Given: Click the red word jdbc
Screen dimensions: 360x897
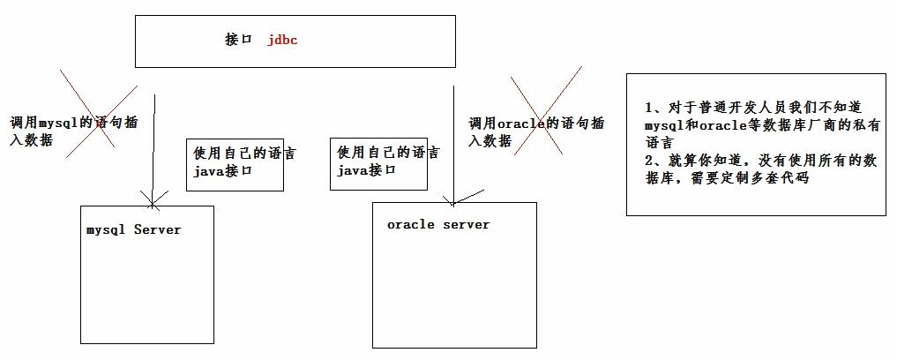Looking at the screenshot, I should coord(282,40).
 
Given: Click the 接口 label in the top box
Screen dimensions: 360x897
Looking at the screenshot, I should coord(238,40).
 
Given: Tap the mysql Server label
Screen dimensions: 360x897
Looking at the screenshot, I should coord(133,229).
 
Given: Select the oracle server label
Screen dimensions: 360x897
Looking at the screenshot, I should coord(437,224).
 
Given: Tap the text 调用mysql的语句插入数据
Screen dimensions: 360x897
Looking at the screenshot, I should coord(72,131).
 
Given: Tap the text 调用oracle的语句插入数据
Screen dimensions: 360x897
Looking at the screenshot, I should coord(535,131).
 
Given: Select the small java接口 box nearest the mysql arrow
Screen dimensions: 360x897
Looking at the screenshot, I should coord(235,164).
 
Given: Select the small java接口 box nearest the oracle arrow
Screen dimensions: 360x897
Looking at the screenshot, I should coord(378,163).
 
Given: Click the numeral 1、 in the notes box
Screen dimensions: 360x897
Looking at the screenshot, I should coord(654,108).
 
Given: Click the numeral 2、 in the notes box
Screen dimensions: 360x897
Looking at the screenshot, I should coord(654,160).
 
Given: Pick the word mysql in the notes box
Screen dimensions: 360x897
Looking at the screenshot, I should coord(664,125).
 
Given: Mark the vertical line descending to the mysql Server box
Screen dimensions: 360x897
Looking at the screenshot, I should coord(154,146).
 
